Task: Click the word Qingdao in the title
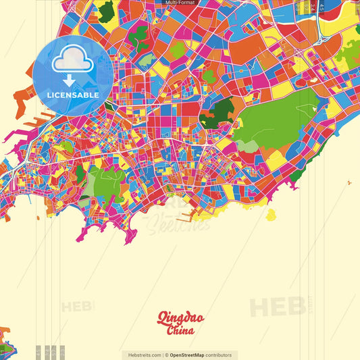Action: (x=180, y=318)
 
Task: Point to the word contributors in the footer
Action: (x=219, y=355)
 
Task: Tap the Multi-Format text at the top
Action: (x=180, y=3)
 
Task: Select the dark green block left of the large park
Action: (x=217, y=109)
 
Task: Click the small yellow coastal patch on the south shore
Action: (x=271, y=215)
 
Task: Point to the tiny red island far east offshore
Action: (x=349, y=182)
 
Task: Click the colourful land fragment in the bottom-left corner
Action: (x=5, y=341)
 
